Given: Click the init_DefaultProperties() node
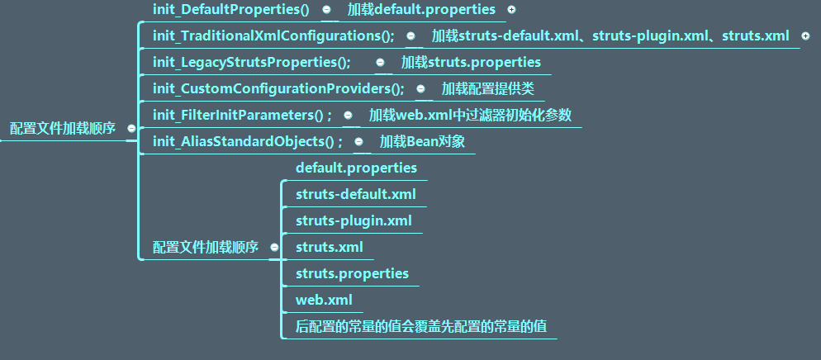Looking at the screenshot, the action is tap(230, 10).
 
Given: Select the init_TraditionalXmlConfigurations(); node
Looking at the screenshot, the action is tap(273, 36).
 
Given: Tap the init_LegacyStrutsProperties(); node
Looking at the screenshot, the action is tap(252, 63).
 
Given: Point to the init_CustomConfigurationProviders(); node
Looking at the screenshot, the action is tap(278, 88).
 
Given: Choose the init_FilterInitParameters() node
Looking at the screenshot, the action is tap(242, 116).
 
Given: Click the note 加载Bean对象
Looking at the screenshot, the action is tap(422, 142).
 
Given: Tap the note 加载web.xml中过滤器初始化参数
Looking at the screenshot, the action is tap(470, 116).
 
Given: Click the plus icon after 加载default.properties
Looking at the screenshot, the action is tap(511, 10).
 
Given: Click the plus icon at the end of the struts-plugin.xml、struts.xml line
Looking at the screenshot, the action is tap(805, 36).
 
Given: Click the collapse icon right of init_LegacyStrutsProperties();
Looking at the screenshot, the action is tap(380, 62).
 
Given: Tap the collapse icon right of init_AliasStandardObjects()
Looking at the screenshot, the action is tap(358, 142).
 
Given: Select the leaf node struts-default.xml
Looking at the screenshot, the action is tap(355, 195).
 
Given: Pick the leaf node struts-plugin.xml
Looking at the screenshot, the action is tap(354, 221).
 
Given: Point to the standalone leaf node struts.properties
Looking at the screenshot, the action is tap(352, 273).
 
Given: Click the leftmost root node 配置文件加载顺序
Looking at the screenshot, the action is tap(63, 129).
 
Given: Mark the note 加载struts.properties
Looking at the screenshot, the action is tap(471, 63).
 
